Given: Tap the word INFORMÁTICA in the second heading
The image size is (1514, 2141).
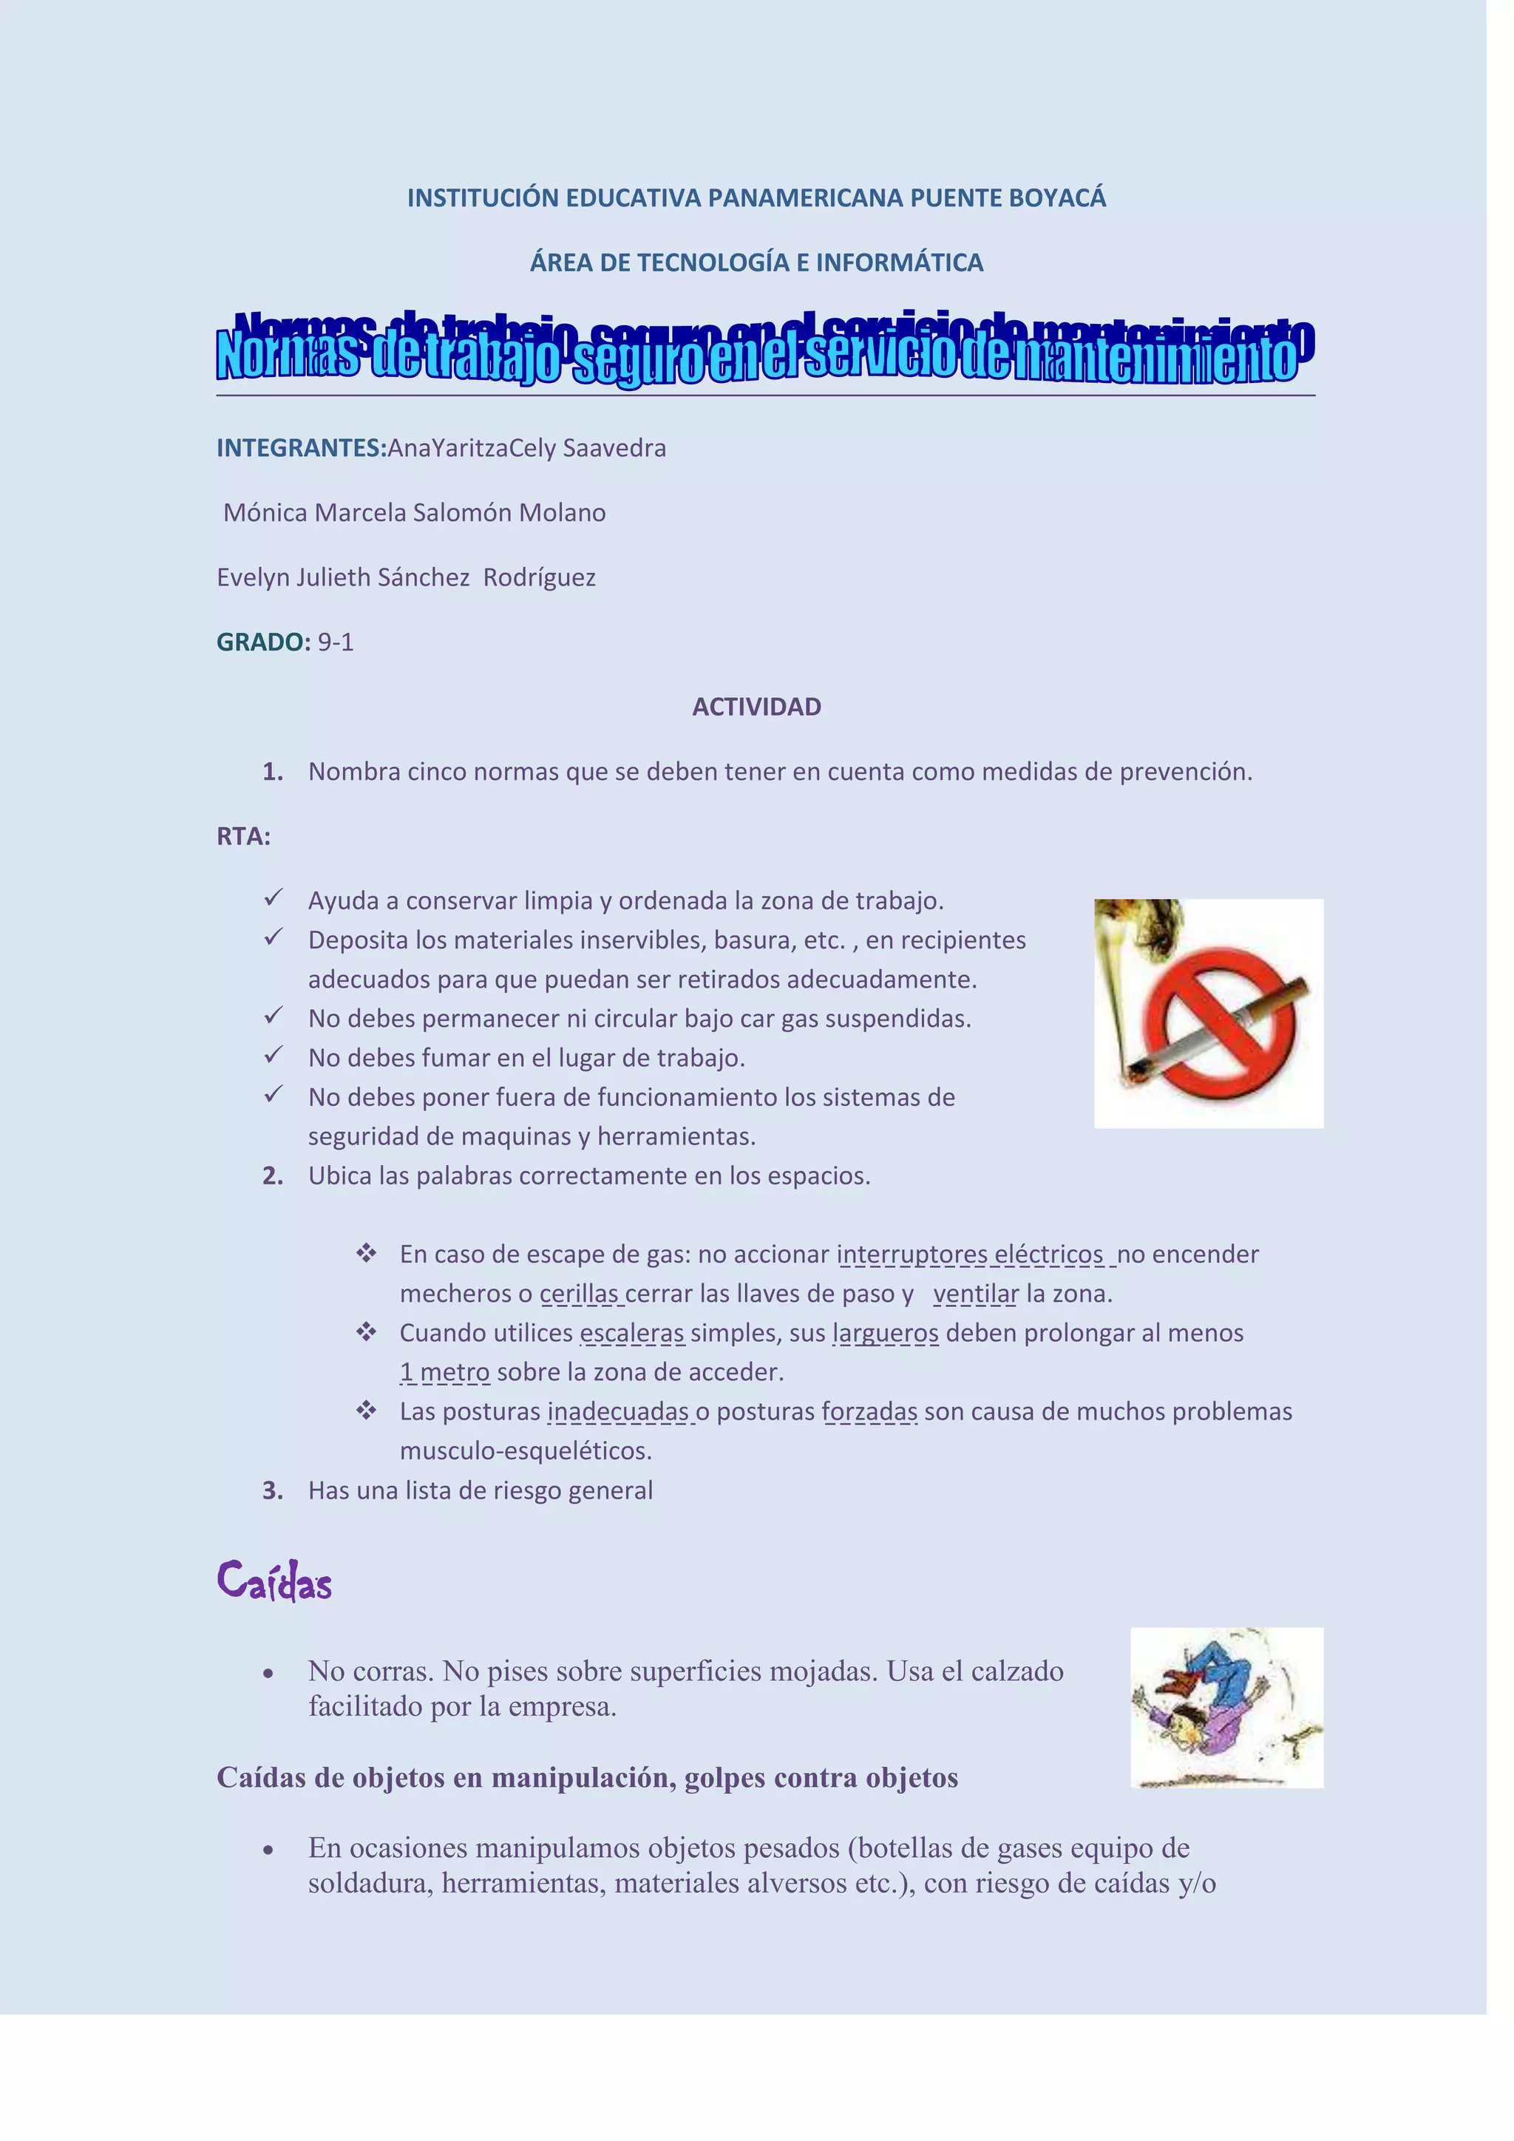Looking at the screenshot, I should [x=900, y=263].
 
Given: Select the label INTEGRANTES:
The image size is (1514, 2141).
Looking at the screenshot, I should [x=301, y=449].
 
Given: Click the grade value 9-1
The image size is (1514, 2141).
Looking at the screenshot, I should [x=336, y=642].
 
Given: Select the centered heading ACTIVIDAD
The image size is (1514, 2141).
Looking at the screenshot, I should [x=756, y=707].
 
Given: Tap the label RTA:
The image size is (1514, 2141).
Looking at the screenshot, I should [x=243, y=836].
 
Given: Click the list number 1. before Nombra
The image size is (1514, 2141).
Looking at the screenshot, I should [x=272, y=772].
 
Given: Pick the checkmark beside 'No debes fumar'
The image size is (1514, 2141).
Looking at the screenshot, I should [x=272, y=1056].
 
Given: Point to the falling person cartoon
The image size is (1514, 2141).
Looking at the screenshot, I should [x=1212, y=1709].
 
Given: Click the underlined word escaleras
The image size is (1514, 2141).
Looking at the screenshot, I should [x=632, y=1334].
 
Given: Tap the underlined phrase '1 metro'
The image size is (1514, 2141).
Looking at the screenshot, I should [x=445, y=1373].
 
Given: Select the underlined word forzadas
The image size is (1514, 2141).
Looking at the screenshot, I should [x=870, y=1412].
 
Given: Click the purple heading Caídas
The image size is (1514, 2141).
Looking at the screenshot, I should [x=274, y=1581].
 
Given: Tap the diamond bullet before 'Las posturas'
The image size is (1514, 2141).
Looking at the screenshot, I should [x=365, y=1411].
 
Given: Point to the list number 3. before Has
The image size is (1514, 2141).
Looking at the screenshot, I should [x=272, y=1491].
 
